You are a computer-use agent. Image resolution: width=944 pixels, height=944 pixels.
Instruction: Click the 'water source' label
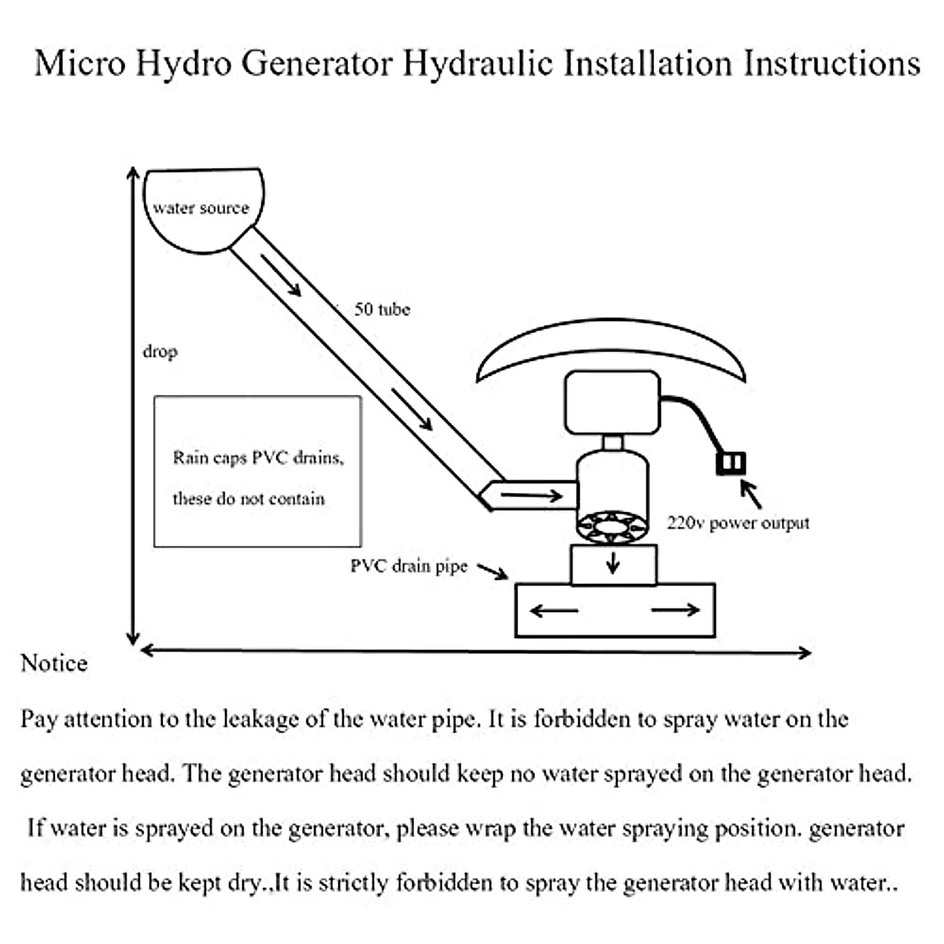pyautogui.click(x=201, y=208)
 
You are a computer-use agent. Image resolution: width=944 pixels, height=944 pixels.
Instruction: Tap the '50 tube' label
pyautogui.click(x=382, y=309)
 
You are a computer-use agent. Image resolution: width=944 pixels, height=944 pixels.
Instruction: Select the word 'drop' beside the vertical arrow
pyautogui.click(x=160, y=352)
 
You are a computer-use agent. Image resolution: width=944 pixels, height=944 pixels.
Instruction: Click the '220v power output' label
pyautogui.click(x=738, y=523)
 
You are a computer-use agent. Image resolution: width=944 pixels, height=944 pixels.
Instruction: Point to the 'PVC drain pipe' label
pyautogui.click(x=408, y=566)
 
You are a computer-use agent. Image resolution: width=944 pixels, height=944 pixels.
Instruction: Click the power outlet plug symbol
pyautogui.click(x=731, y=463)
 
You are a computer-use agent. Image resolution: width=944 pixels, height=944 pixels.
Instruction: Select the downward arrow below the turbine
pyautogui.click(x=613, y=562)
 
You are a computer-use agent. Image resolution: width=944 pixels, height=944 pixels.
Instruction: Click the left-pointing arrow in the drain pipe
pyautogui.click(x=554, y=610)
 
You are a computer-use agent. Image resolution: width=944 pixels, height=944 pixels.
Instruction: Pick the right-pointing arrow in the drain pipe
pyautogui.click(x=676, y=610)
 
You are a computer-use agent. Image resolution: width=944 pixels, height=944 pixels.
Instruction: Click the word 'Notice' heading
pyautogui.click(x=53, y=663)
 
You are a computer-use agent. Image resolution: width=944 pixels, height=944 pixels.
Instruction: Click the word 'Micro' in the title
pyautogui.click(x=79, y=63)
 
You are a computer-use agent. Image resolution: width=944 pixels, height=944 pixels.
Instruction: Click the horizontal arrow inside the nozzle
pyautogui.click(x=532, y=496)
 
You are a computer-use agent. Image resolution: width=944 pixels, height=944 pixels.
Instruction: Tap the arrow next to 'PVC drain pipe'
pyautogui.click(x=492, y=571)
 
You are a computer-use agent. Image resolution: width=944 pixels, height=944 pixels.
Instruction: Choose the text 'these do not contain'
pyautogui.click(x=249, y=499)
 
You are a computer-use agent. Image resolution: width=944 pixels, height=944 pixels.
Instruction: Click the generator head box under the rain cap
pyautogui.click(x=612, y=402)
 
